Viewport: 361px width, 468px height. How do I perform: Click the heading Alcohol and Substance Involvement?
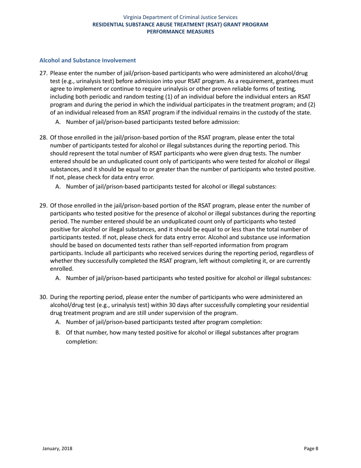88,60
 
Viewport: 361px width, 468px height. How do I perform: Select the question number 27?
43,73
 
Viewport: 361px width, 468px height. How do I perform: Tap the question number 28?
43,137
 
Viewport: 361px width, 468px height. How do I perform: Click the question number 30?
43,297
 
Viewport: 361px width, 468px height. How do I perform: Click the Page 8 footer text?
311,449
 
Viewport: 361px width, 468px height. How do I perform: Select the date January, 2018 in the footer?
57,449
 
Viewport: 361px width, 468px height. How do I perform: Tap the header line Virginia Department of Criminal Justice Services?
180,17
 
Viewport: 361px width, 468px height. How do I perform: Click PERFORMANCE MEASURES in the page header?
180,32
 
